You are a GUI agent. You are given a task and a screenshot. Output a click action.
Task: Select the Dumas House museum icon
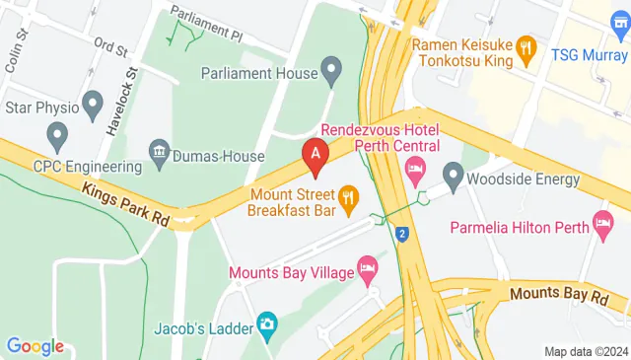click(x=158, y=153)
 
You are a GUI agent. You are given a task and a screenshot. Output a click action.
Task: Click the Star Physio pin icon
click(x=95, y=103)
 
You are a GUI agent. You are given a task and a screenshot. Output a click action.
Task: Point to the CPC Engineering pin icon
click(x=57, y=133)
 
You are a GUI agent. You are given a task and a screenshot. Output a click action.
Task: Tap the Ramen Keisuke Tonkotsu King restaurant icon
click(x=527, y=45)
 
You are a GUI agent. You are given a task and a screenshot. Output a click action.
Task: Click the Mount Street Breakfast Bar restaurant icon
click(x=347, y=200)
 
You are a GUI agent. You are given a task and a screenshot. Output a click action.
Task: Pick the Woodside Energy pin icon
click(x=453, y=179)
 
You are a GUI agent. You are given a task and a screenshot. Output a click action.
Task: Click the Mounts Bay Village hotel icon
click(x=367, y=268)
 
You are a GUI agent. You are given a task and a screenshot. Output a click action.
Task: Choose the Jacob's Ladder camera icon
click(x=266, y=323)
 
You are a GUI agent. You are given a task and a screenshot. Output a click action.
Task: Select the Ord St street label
click(x=110, y=47)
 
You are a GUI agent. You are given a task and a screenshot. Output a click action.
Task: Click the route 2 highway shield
click(x=402, y=234)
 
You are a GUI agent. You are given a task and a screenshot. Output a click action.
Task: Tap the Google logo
click(x=35, y=346)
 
